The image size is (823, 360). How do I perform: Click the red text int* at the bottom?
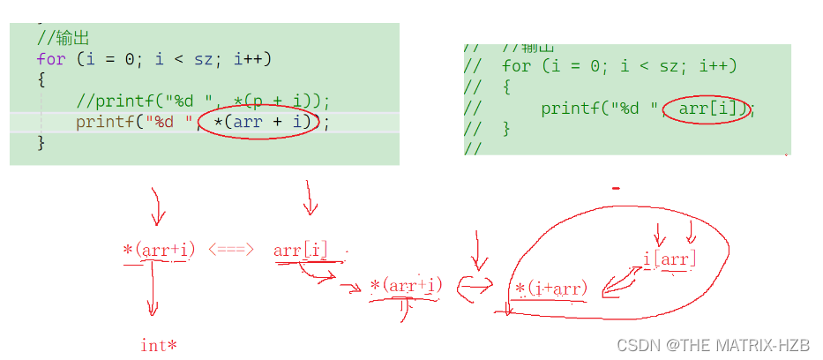click(x=159, y=345)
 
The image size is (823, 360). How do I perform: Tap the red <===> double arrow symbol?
click(x=232, y=251)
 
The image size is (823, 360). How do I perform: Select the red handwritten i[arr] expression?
click(x=670, y=259)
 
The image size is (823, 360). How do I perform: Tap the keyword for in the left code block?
click(x=51, y=59)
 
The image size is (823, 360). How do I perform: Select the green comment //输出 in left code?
click(x=64, y=38)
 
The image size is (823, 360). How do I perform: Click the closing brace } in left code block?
click(x=41, y=142)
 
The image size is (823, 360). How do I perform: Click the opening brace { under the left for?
click(x=41, y=79)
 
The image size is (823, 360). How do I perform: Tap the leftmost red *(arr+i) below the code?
click(x=159, y=250)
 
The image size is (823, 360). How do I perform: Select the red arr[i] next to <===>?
click(x=301, y=251)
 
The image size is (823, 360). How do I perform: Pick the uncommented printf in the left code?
click(x=106, y=122)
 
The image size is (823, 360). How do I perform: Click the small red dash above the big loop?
click(x=616, y=188)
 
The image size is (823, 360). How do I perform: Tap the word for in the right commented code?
click(x=517, y=67)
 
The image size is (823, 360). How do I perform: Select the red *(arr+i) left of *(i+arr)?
click(x=407, y=286)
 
